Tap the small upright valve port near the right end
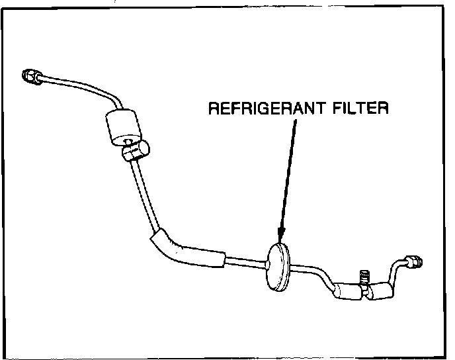(x=363, y=275)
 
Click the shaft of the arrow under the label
(x=288, y=172)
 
